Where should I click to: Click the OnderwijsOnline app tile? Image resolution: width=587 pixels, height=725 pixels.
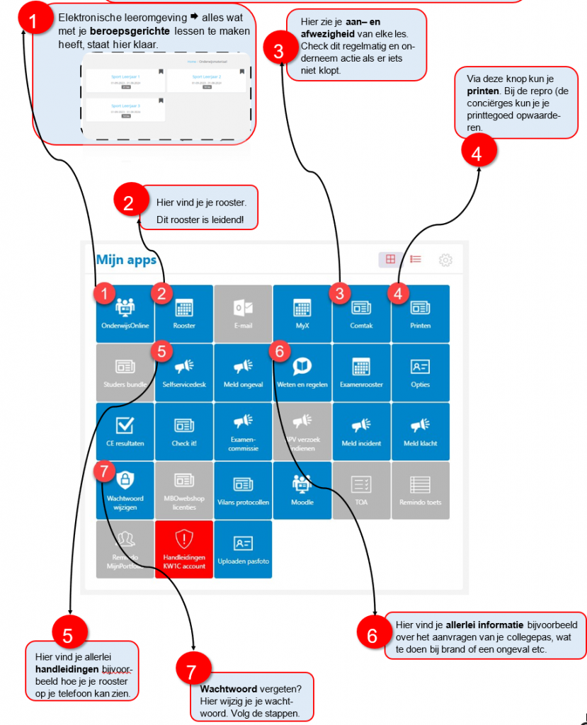click(125, 314)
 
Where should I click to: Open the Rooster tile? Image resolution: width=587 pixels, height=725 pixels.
click(184, 314)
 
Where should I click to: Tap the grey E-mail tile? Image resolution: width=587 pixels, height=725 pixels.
click(243, 314)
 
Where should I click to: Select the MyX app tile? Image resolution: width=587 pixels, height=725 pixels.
click(302, 314)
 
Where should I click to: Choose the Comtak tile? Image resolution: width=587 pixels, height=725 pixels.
click(361, 314)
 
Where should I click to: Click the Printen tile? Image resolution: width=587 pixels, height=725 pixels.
click(420, 314)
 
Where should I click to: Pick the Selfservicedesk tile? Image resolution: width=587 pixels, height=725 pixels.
click(184, 372)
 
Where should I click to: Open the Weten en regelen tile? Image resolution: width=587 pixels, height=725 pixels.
click(302, 372)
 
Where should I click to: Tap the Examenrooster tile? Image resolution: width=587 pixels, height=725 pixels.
click(361, 372)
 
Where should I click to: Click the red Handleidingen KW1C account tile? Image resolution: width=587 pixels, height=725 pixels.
click(184, 549)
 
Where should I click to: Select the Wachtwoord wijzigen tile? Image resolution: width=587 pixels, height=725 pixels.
click(125, 491)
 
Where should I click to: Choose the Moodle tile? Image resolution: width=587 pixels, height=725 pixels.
click(302, 491)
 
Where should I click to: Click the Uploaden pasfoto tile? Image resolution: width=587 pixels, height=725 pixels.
click(243, 549)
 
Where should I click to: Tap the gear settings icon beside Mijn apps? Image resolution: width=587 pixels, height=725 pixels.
click(445, 260)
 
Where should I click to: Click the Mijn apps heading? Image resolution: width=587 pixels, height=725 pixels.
click(126, 260)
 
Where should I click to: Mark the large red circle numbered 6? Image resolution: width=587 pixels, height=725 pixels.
click(372, 634)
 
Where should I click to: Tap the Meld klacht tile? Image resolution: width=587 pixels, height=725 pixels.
click(420, 432)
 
